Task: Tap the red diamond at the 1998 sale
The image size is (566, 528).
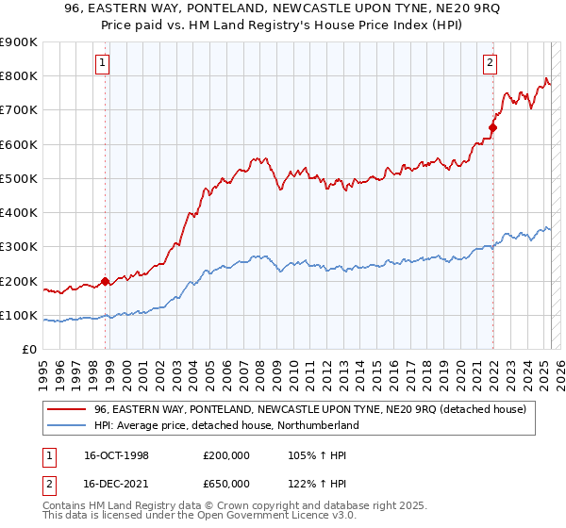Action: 105,281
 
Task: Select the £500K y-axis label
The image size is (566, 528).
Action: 19,178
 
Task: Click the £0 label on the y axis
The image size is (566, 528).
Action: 28,349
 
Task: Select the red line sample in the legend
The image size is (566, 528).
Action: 67,409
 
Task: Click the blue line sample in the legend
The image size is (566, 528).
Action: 67,425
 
